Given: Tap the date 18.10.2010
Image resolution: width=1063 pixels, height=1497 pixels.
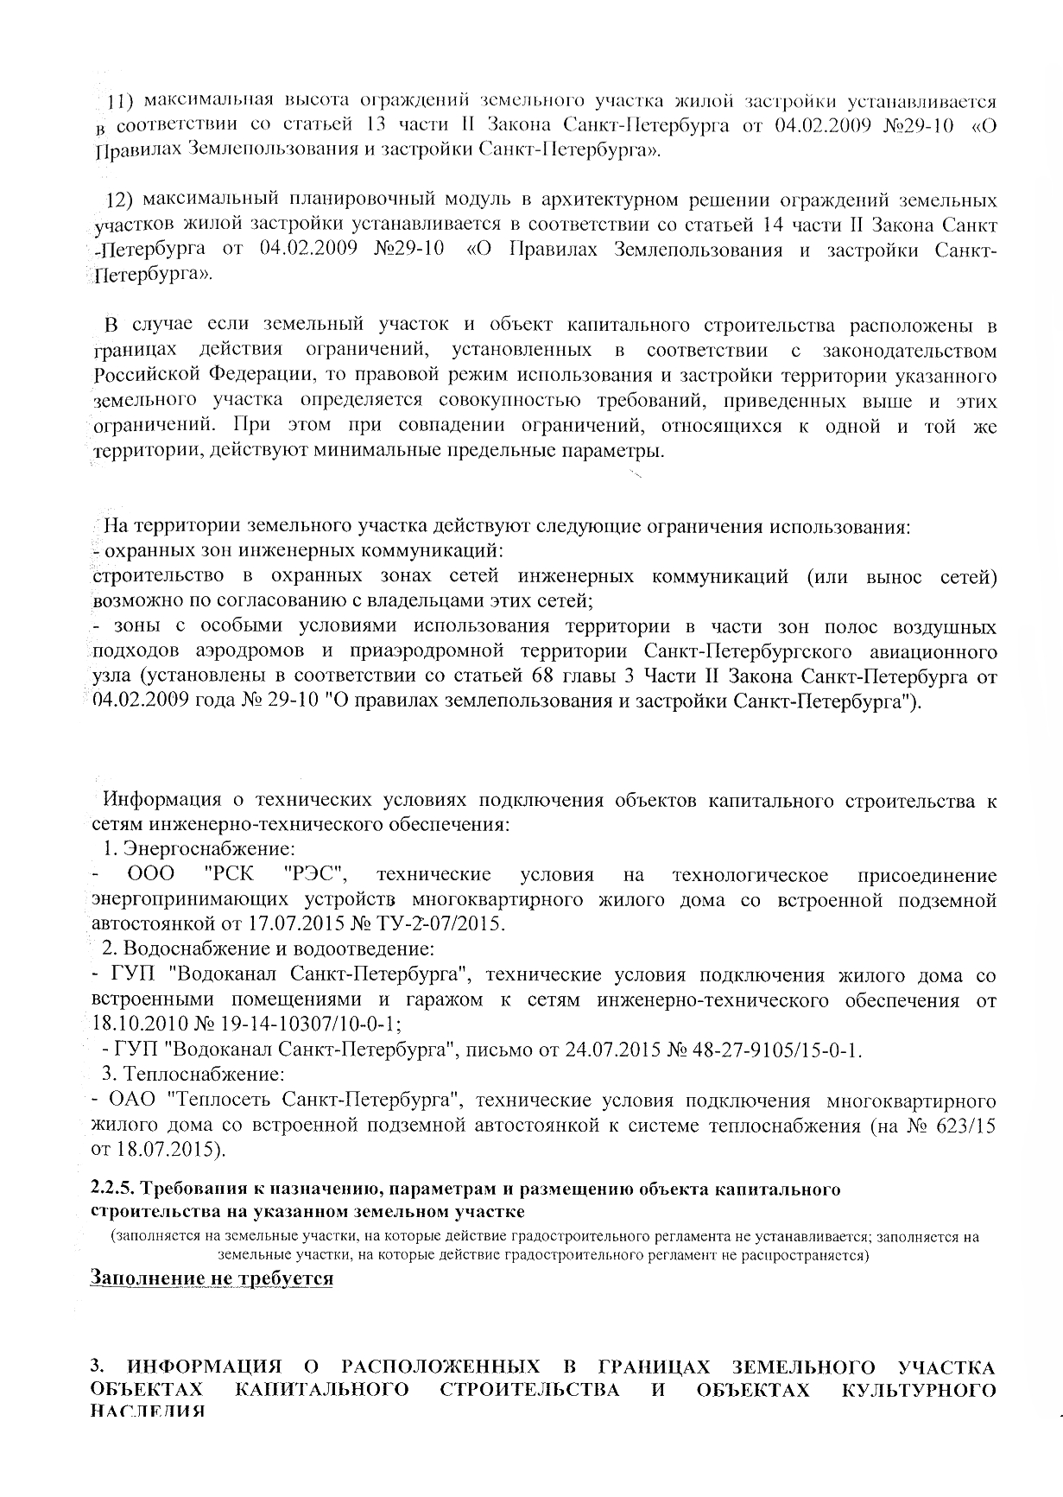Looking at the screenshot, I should [x=136, y=1025].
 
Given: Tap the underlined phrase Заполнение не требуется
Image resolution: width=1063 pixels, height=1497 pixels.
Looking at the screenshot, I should [x=212, y=1278].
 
